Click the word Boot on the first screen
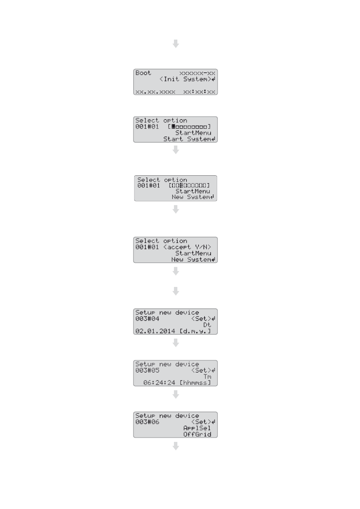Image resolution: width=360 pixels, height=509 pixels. click(143, 73)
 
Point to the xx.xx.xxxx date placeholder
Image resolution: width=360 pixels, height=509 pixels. click(155, 92)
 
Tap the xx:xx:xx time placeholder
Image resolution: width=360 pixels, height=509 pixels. click(199, 92)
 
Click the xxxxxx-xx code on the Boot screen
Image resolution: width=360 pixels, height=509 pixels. click(197, 73)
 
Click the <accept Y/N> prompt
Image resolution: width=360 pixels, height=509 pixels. click(187, 247)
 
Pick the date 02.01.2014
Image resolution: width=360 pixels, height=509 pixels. click(155, 331)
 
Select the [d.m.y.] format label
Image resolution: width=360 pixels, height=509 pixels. click(195, 331)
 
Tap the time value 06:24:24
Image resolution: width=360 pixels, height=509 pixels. click(159, 383)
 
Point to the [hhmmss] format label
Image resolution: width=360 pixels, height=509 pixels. click(195, 383)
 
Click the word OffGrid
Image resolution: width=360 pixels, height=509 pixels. click(197, 434)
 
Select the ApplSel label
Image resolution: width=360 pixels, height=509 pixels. click(197, 428)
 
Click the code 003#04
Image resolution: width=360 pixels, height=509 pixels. click(147, 319)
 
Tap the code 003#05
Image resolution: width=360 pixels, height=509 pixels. click(147, 370)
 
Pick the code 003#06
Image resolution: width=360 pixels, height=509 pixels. click(147, 422)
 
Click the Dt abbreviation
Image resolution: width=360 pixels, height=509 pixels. click(207, 325)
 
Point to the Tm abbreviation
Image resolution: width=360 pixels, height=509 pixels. click(207, 377)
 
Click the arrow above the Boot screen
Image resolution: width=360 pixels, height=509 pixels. click(175, 44)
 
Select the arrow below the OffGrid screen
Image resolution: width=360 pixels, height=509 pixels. click(175, 446)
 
